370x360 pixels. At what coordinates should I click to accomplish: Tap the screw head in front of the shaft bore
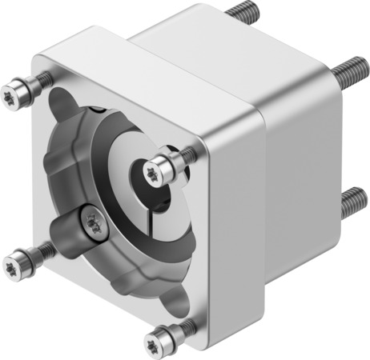[x=165, y=165]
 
